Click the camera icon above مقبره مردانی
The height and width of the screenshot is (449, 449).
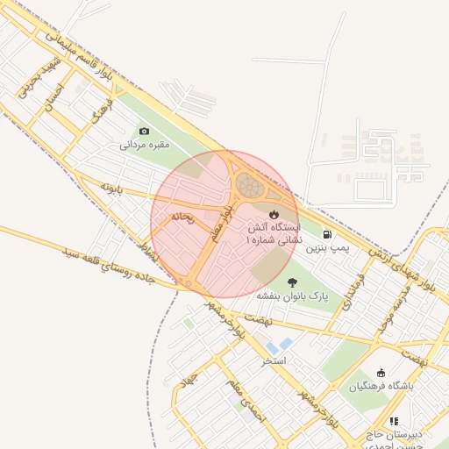(145, 132)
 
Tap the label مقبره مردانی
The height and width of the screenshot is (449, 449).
(145, 145)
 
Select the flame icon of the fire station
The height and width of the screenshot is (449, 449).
(274, 213)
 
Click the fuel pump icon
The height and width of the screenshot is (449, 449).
(327, 235)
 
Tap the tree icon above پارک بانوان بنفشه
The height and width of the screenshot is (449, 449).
(292, 282)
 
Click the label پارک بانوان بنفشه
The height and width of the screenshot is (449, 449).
(292, 296)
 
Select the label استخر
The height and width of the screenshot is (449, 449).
(274, 360)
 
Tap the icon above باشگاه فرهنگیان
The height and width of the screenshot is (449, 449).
(380, 373)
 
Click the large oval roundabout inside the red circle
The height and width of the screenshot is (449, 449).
(248, 185)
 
